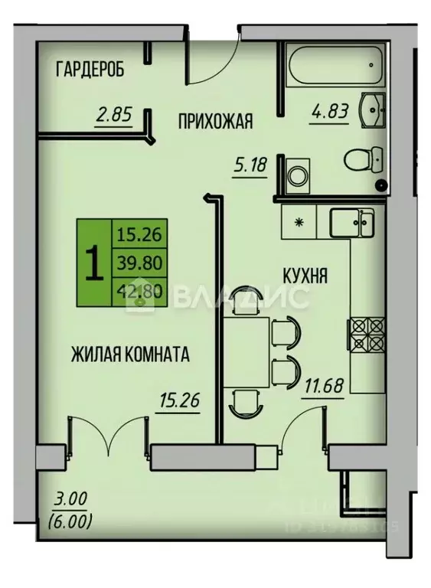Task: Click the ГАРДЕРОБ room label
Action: click(x=90, y=70)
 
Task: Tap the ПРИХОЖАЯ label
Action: click(x=215, y=120)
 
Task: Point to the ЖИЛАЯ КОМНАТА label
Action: click(x=129, y=354)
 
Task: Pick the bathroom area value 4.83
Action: click(x=330, y=110)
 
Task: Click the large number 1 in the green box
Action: click(x=94, y=263)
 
